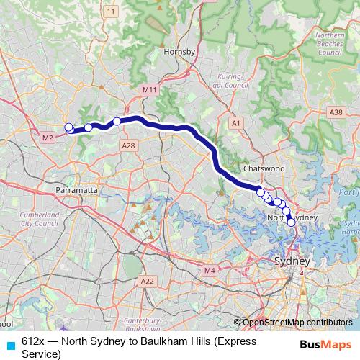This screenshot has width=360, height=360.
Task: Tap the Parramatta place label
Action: (76, 190)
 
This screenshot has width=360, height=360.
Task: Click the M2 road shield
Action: (48, 138)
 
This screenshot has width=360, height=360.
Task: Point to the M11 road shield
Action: (150, 89)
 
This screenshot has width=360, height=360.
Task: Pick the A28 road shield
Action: (129, 146)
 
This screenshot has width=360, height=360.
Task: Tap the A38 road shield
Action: (336, 112)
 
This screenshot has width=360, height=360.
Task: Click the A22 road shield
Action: (148, 281)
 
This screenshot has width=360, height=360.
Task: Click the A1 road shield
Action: (235, 124)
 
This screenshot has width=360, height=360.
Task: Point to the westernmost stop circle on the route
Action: (69, 128)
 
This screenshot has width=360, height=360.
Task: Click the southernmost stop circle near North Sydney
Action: (292, 222)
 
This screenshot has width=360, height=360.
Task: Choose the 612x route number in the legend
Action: (32, 341)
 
